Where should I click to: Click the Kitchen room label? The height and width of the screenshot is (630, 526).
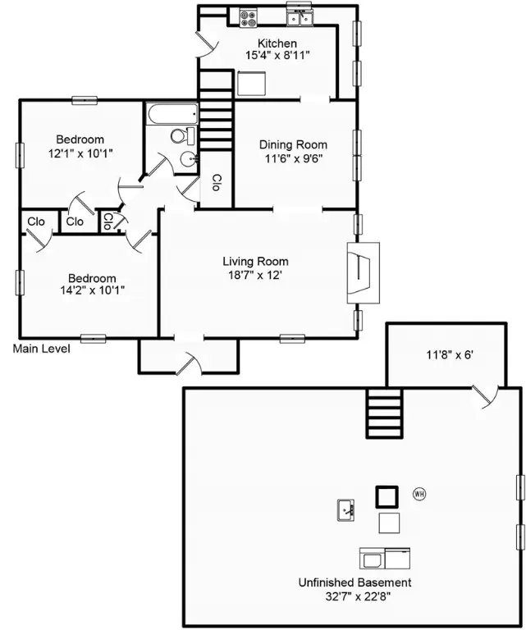pos(277,43)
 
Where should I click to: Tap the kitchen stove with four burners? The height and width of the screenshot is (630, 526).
pos(249,16)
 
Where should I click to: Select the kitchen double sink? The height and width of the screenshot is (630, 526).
pos(300,16)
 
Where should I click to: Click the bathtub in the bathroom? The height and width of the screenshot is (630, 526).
pos(171,114)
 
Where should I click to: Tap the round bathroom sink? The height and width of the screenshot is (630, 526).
pos(189,159)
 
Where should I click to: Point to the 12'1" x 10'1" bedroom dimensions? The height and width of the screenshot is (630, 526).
pos(80,153)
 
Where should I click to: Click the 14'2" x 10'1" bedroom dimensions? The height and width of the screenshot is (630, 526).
pos(90,290)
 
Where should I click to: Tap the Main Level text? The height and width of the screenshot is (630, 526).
pos(41,349)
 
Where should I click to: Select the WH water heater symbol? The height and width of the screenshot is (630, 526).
pos(419,494)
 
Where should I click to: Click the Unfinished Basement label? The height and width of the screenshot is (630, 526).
pos(354,582)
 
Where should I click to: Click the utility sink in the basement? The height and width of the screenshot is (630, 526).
pos(346,510)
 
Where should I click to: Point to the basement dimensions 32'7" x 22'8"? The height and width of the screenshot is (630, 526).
pos(354,596)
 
